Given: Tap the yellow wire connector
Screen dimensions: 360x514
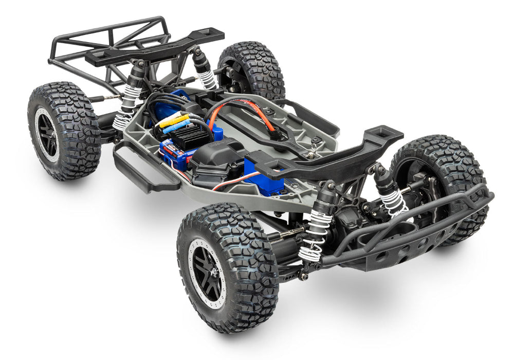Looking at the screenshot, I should [171, 121].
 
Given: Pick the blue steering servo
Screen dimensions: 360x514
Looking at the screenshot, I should [263, 175].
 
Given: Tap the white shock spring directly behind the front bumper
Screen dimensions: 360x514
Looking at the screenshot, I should [395, 201].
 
